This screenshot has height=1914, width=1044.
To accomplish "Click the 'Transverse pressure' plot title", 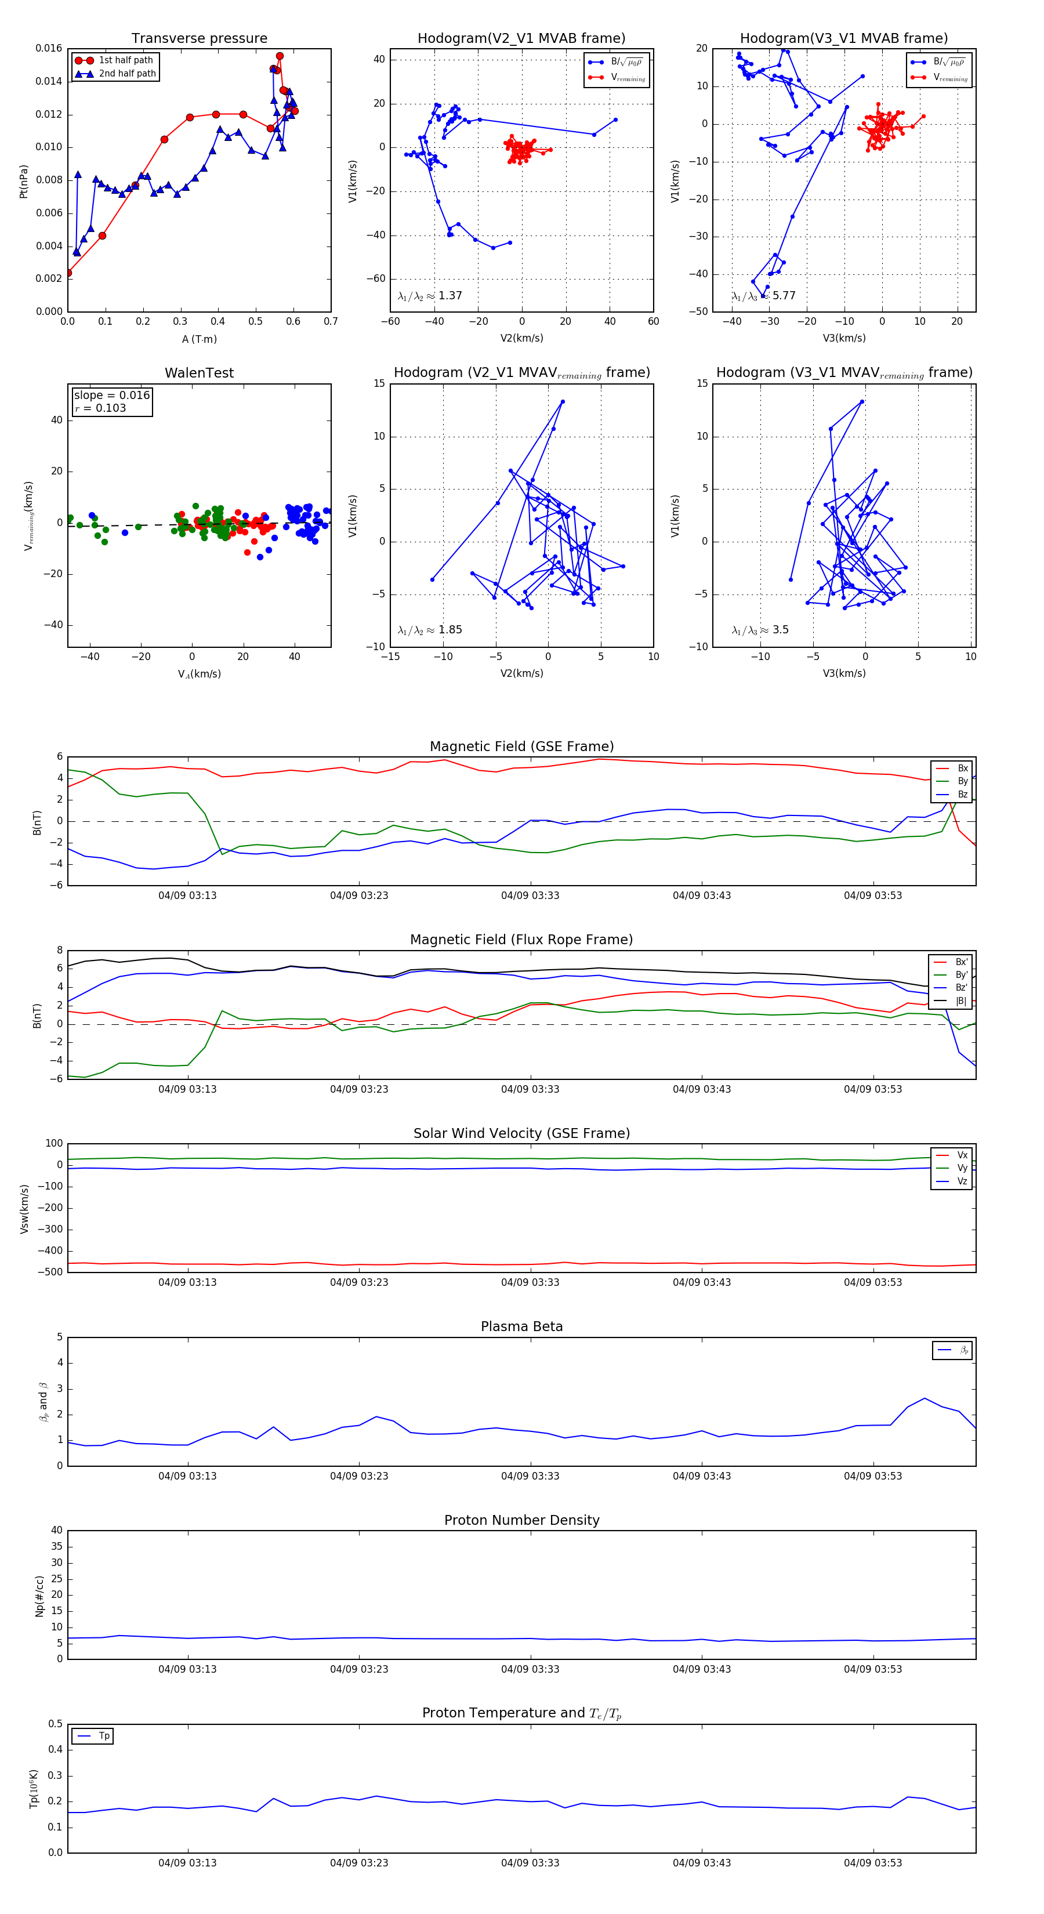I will (199, 39).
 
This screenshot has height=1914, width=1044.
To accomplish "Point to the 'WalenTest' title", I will (199, 373).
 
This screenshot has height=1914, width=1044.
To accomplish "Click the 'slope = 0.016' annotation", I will (111, 396).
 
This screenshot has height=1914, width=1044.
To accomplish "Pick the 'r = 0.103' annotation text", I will (100, 409).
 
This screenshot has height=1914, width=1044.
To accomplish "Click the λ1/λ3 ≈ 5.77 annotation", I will (763, 296).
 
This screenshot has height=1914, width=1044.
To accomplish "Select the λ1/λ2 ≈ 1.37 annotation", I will (429, 296).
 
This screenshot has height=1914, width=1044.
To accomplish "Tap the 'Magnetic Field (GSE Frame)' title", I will (521, 746).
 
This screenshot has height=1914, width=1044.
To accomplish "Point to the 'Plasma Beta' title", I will (521, 1327).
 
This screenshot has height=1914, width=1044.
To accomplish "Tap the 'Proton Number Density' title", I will (521, 1520).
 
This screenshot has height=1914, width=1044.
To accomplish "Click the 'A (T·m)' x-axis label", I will (199, 339).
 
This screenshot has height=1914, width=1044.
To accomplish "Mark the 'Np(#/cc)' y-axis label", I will (40, 1595).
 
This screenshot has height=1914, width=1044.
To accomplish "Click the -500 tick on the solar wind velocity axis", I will (53, 1272).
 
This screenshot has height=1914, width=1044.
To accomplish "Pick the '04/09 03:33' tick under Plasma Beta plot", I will (530, 1476).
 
